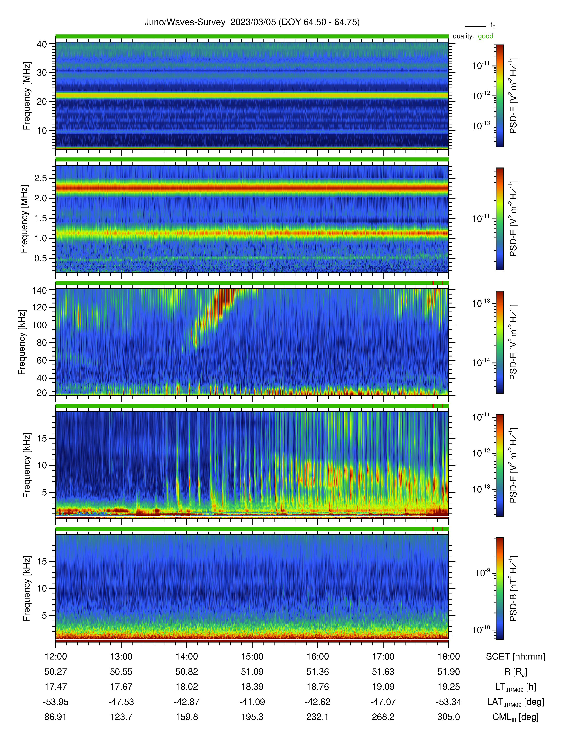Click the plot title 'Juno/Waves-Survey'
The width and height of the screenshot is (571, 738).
tap(185, 22)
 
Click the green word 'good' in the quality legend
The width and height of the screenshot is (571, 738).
tap(485, 36)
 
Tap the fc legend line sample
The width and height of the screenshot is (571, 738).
tap(476, 26)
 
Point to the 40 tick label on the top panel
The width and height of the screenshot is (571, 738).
tap(42, 44)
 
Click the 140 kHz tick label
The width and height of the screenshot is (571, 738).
tap(39, 290)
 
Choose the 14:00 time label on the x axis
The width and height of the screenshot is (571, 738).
tap(187, 657)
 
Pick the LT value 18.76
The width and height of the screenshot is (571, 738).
tap(318, 687)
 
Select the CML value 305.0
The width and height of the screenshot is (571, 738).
tap(449, 717)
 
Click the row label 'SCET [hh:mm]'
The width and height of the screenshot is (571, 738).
tap(515, 657)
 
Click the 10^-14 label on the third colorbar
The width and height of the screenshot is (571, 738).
tap(481, 362)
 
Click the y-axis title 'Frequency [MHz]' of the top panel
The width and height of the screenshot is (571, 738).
tap(27, 96)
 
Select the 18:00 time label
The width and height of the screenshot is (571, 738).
tap(449, 657)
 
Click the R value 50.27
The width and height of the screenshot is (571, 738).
tap(56, 672)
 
